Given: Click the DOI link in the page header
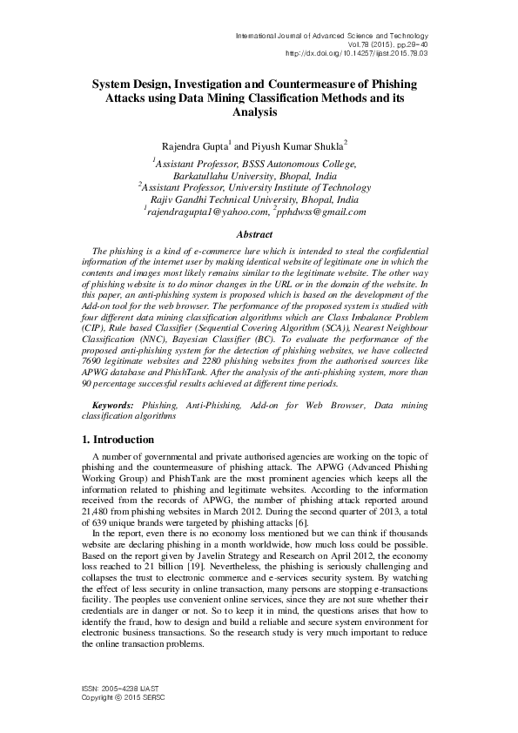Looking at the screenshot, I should [357, 52].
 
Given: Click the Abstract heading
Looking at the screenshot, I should [259, 234].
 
